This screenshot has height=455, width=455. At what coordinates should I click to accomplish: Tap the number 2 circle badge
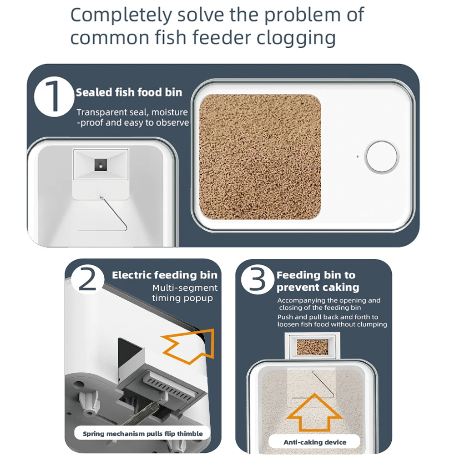coord(87,279)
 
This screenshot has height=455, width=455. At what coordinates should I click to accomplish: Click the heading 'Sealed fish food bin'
coord(129,92)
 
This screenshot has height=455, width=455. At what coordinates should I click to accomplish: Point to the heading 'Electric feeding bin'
coord(165,275)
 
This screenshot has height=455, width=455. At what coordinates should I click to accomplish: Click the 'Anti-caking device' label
coord(315,442)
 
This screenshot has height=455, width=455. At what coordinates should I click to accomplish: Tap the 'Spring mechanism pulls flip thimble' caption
coord(143,434)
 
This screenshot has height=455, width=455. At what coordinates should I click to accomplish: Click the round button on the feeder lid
coord(382,157)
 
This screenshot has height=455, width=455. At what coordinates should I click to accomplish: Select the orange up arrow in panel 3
coord(314,414)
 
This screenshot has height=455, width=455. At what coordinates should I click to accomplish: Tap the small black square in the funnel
coord(101,165)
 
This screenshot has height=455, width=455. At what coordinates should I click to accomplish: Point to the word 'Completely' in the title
coord(121,15)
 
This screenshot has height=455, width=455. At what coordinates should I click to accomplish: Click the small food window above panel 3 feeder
coord(312,347)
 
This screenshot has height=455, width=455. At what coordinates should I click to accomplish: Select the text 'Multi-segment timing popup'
coord(185,293)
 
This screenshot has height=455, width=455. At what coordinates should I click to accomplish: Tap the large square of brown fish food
coord(260,157)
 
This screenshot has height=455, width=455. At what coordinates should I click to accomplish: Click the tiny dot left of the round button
coord(358,157)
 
